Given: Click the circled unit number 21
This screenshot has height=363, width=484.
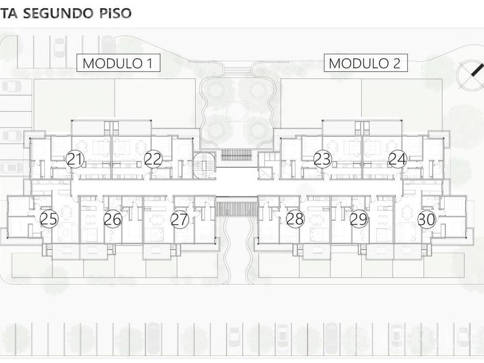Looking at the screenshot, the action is (75, 159).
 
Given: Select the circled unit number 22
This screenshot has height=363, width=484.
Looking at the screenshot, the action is (153, 159).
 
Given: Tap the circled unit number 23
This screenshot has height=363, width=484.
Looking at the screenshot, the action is (322, 159).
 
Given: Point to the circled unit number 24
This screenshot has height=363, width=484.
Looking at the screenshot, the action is (398, 159).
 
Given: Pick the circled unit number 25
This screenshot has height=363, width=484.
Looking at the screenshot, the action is (49, 219).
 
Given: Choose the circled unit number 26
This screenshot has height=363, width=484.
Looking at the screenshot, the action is (113, 219).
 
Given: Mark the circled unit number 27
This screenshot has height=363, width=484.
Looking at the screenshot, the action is (180, 219).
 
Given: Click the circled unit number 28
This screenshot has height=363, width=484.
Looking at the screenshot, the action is (295, 219).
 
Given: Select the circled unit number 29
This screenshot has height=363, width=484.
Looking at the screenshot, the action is (358, 219).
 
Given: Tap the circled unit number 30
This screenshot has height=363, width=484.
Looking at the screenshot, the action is (426, 220).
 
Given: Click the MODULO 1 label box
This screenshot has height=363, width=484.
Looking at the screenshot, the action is (118, 63).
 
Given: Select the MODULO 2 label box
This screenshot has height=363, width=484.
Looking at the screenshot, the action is (365, 63).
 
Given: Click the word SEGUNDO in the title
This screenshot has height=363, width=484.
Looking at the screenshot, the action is (58, 13).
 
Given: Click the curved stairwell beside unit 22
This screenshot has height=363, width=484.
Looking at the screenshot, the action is (205, 165).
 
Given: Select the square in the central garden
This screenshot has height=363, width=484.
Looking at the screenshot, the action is (237, 111).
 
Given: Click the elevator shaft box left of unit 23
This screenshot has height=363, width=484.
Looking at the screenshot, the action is (265, 173).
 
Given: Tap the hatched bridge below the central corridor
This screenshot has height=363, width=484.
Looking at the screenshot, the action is (237, 209).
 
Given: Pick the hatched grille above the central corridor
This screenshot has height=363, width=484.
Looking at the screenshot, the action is (236, 155).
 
